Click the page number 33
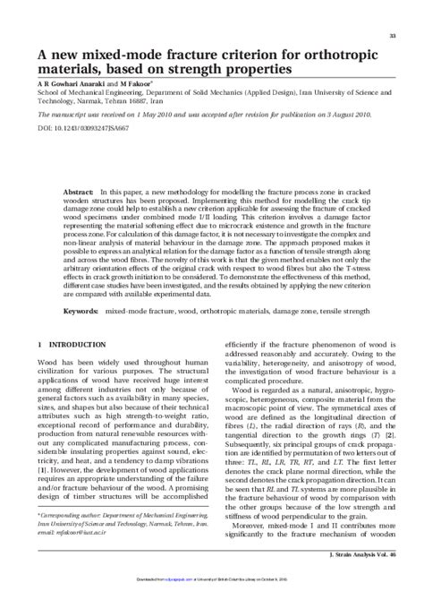coord(393,35)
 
